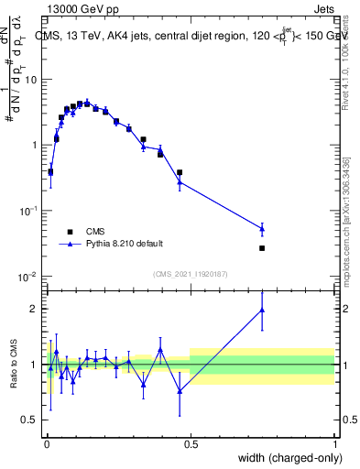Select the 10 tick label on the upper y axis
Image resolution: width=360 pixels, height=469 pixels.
(29, 80)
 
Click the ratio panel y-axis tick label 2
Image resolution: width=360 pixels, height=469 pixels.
(35, 309)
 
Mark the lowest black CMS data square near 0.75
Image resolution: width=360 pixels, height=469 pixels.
(262, 248)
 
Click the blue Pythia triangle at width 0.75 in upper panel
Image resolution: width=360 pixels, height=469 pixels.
(262, 229)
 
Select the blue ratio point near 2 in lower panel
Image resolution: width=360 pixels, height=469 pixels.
(262, 311)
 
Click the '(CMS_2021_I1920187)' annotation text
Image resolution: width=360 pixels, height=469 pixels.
(190, 274)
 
